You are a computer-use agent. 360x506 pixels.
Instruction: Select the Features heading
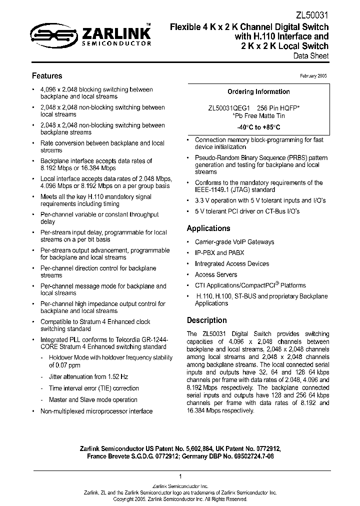pyautogui.click(x=47, y=76)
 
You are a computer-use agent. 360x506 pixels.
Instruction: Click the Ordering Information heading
pyautogui.click(x=258, y=92)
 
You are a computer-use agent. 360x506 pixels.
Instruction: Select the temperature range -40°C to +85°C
pyautogui.click(x=258, y=127)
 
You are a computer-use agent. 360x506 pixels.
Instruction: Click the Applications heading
pyautogui.click(x=208, y=228)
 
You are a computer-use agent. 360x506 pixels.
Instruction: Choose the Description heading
pyautogui.click(x=206, y=320)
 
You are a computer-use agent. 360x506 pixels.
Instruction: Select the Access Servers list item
pyautogui.click(x=215, y=274)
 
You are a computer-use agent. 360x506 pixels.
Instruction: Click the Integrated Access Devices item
pyautogui.click(x=231, y=264)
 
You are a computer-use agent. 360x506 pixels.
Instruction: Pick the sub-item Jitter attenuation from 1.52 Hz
pyautogui.click(x=88, y=377)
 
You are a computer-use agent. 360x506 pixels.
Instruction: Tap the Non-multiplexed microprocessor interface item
pyautogui.click(x=96, y=411)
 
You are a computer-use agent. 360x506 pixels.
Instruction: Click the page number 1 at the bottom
pyautogui.click(x=180, y=476)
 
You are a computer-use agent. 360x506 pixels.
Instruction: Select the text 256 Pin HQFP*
pyautogui.click(x=278, y=108)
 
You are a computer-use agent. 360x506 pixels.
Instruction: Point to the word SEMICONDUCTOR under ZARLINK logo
pyautogui.click(x=116, y=44)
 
